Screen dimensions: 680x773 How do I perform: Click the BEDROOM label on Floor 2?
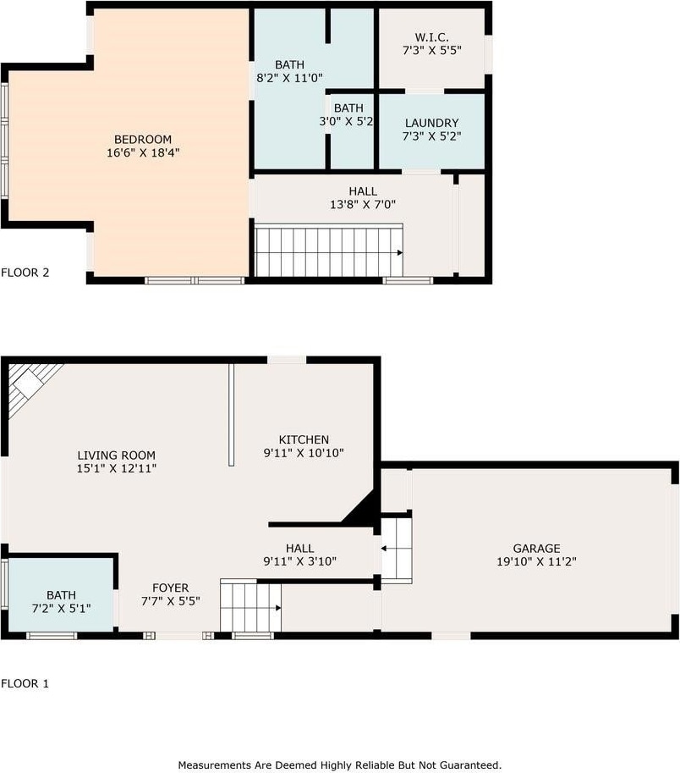click(143, 140)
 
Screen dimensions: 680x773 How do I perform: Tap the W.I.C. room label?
click(432, 37)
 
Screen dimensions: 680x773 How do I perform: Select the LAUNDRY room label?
click(432, 123)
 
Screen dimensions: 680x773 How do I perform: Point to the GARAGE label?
click(536, 548)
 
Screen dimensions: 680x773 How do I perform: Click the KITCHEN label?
click(304, 439)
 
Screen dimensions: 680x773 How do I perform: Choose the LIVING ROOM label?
click(116, 455)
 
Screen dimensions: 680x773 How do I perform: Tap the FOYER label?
click(170, 588)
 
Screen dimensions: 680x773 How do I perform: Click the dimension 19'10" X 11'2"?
click(536, 561)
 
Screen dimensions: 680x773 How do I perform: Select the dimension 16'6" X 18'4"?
click(143, 152)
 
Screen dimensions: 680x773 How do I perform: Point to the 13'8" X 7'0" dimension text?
click(363, 204)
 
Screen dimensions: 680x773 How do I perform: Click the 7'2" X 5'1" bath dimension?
click(62, 609)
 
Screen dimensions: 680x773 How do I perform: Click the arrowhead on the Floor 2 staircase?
click(400, 253)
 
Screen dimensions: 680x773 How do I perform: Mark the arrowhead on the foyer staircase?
click(278, 608)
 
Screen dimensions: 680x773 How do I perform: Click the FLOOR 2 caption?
click(25, 273)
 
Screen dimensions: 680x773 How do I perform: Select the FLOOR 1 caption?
click(25, 684)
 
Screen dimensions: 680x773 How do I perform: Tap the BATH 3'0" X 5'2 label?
click(347, 114)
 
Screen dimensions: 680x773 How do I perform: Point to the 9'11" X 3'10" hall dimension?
click(300, 561)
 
